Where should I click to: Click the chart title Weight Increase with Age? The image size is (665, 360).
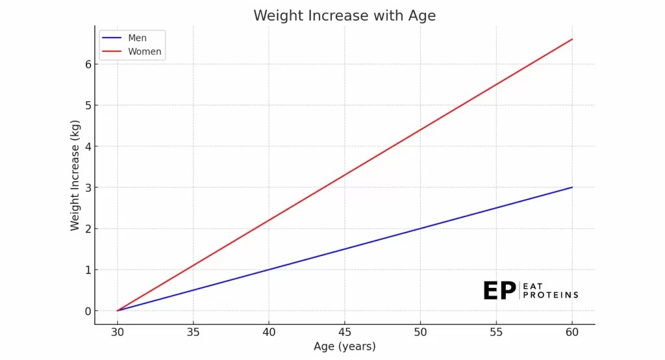(344, 15)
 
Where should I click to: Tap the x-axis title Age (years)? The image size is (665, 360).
(344, 346)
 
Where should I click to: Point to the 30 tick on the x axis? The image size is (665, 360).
(118, 332)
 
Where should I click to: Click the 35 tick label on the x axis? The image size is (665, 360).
(193, 332)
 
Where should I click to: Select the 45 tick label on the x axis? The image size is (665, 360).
(344, 332)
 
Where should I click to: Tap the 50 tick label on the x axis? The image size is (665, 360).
(420, 332)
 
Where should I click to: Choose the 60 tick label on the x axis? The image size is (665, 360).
(571, 332)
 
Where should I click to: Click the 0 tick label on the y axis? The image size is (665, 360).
(86, 311)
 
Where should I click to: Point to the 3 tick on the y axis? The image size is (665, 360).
(86, 188)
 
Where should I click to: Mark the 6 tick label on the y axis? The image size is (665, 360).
(86, 64)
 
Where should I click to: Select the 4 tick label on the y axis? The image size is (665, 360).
(86, 146)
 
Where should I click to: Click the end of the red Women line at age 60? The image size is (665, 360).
(571, 39)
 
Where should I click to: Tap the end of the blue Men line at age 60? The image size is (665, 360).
(571, 187)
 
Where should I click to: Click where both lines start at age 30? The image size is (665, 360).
(118, 311)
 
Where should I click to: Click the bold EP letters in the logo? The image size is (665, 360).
(499, 291)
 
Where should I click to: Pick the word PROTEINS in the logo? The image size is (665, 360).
(550, 295)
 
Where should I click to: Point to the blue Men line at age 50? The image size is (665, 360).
(420, 229)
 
